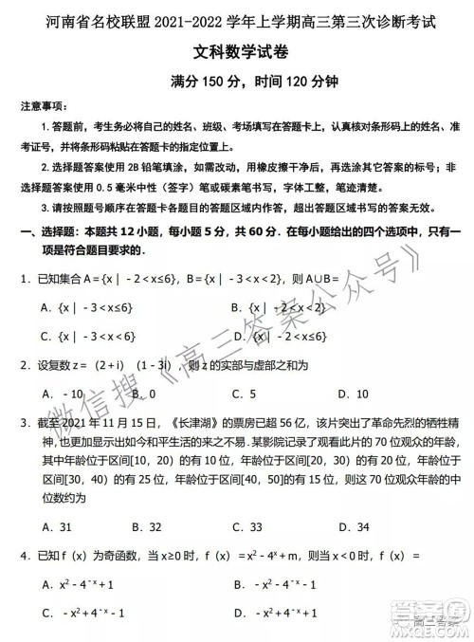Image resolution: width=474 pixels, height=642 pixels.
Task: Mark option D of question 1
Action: (279, 336)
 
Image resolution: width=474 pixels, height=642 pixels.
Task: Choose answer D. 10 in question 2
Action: (355, 394)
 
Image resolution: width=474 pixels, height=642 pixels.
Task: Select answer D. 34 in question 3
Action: (355, 526)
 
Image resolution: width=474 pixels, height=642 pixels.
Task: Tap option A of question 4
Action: (83, 585)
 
